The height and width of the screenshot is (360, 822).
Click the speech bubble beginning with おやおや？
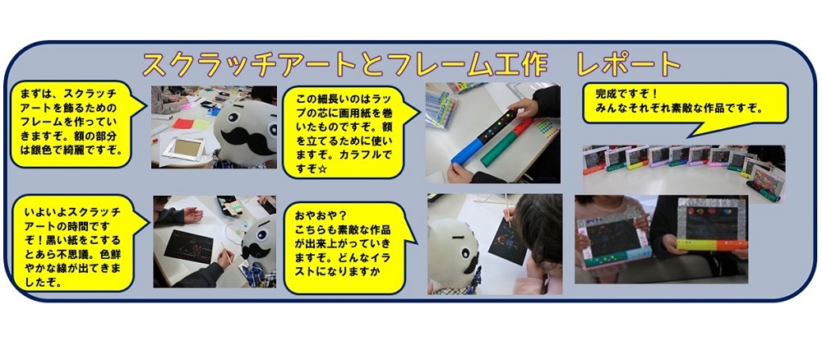tap(349, 248)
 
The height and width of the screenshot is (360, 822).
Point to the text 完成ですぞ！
tap(626, 95)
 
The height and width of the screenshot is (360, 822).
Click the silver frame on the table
tap(182, 148)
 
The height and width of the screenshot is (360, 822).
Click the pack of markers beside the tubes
tap(440, 108)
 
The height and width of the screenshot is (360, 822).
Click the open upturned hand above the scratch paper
tap(192, 214)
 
